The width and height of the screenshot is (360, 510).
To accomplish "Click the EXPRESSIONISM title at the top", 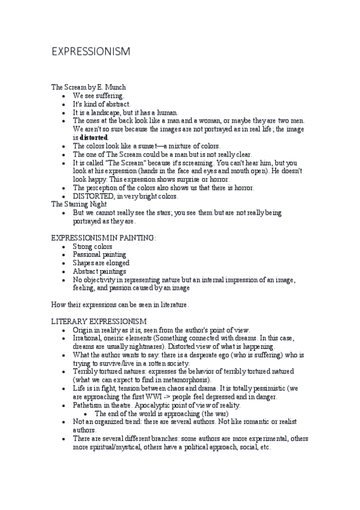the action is [x=90, y=52].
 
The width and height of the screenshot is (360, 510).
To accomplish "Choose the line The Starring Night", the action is [x=79, y=204].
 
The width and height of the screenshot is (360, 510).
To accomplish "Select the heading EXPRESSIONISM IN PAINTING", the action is [x=103, y=238].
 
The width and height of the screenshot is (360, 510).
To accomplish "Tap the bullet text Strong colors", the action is [x=93, y=247].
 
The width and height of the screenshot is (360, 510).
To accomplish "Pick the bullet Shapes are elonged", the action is [x=101, y=263].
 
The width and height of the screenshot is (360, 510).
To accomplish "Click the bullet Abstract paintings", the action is [x=99, y=272].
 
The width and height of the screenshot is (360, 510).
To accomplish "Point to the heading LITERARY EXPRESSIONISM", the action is [x=99, y=322].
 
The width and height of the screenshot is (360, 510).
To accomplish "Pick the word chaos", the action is [x=183, y=389].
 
